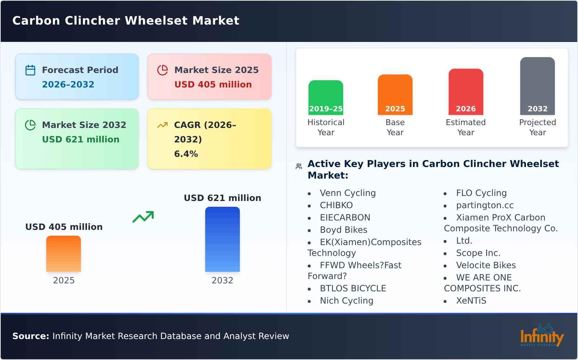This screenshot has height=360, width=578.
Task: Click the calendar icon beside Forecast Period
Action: (x=30, y=70)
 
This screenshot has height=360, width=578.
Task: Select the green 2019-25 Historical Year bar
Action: (x=325, y=97)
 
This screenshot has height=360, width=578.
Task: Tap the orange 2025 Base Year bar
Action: (x=395, y=94)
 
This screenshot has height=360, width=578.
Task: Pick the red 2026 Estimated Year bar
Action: (x=466, y=91)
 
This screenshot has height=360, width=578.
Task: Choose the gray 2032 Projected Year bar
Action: (x=537, y=86)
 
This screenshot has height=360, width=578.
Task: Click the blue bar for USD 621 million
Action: (x=222, y=239)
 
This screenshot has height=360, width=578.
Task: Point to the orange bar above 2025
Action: (x=64, y=253)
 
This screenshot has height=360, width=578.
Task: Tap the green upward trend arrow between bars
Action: (x=143, y=217)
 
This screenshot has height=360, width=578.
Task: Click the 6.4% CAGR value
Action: (x=186, y=154)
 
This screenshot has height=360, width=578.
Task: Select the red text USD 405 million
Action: (x=213, y=85)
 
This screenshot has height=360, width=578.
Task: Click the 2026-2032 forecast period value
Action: (x=68, y=85)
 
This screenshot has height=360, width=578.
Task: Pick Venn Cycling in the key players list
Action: (x=348, y=193)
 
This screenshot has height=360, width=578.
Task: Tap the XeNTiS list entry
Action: (x=471, y=301)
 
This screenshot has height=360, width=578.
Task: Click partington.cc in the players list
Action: (x=484, y=205)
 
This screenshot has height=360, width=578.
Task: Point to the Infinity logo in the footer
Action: (x=542, y=335)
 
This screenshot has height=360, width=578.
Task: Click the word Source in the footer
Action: (x=30, y=336)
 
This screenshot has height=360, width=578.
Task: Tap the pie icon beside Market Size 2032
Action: (x=30, y=125)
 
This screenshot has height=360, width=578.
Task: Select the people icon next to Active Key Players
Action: (x=299, y=166)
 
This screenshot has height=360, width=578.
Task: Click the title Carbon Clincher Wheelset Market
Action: (x=126, y=21)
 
